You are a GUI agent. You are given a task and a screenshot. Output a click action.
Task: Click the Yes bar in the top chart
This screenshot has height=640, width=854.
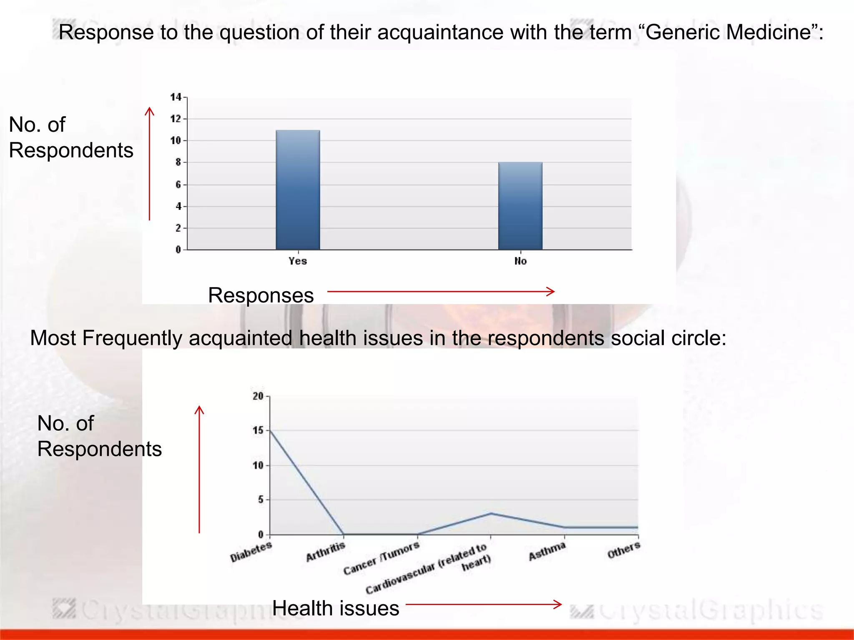coord(298,190)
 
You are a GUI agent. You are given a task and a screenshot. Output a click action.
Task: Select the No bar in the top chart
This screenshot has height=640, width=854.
coord(520,206)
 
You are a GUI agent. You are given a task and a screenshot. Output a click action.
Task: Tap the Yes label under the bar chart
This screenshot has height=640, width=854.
coord(298,261)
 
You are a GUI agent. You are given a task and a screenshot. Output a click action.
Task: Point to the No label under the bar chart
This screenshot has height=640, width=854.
coord(520,261)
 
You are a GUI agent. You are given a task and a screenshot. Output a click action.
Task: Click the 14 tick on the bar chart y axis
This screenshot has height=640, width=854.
coord(176,97)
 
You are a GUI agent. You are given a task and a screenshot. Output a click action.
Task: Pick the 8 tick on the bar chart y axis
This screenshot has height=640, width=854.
coord(178,162)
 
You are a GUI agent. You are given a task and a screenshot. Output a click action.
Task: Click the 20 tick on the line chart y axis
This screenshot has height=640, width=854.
coord(258,396)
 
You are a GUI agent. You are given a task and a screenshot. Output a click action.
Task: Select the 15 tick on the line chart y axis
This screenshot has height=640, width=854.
coord(258,430)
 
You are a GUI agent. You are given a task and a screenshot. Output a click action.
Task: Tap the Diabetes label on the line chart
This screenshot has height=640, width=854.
coord(251,552)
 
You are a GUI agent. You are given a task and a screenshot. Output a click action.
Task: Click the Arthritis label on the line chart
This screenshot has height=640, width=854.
coord(326,551)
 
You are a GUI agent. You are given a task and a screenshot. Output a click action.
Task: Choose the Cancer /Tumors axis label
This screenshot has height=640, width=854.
coord(381,558)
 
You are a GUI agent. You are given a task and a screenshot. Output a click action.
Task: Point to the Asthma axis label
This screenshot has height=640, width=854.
coord(547,551)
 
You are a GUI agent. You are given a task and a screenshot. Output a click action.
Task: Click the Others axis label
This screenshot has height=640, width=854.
coord(623,550)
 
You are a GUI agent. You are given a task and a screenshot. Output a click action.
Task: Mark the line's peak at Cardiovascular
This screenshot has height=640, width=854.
coord(491,513)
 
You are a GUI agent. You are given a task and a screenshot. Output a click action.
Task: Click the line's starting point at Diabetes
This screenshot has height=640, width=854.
coord(270,430)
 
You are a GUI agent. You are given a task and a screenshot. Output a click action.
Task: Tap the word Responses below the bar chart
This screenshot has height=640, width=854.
coord(261,295)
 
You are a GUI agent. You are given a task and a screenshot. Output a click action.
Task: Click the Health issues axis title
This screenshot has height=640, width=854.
coord(336,608)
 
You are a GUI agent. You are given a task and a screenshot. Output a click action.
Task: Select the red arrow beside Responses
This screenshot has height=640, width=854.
coord(441,291)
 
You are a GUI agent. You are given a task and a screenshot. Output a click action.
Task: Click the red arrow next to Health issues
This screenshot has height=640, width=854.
coord(484,604)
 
